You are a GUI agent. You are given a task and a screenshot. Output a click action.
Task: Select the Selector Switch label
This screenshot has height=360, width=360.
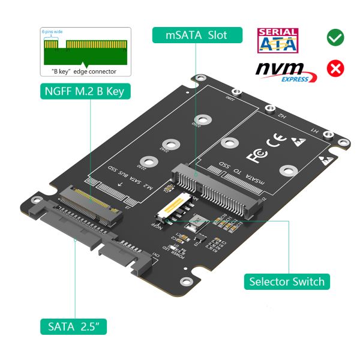coord(287,281)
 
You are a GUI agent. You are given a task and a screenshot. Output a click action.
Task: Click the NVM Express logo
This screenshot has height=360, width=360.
coord(286,70)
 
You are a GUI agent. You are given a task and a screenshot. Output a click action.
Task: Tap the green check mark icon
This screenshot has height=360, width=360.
coord(335,37)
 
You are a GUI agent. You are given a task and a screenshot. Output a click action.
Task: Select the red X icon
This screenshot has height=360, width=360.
coord(335,68)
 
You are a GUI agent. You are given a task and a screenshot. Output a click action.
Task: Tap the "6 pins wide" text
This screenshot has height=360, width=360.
coord(52,30)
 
